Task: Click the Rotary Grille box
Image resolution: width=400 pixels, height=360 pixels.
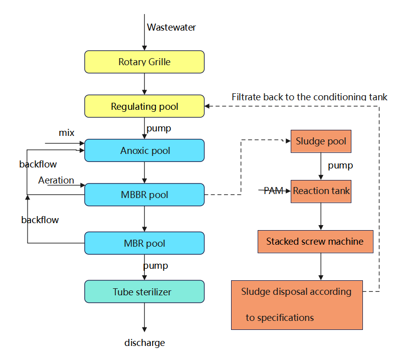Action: pos(144,62)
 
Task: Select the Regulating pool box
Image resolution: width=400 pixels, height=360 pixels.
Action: pos(144,106)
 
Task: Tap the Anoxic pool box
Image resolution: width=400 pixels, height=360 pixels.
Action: pos(144,150)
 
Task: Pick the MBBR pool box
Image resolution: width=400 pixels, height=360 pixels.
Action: pos(144,195)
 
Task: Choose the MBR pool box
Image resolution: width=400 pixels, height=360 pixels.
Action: pos(144,243)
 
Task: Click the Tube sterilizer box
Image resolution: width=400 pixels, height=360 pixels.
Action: pos(144,291)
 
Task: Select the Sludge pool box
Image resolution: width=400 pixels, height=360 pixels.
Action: pos(321,141)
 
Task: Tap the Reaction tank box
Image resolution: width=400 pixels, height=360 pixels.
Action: pos(321,191)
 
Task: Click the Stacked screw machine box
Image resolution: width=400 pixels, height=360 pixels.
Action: pos(315,241)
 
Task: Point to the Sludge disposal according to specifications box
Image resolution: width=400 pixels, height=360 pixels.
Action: pos(297,305)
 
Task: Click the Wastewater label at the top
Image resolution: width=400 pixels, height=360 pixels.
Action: pos(171,28)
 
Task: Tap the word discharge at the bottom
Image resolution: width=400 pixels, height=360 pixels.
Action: pos(144,343)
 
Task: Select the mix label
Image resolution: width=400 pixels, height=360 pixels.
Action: pos(66,133)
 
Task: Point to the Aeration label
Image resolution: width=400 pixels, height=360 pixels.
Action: pos(56,181)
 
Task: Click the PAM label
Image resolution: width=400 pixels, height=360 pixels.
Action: pos(273,191)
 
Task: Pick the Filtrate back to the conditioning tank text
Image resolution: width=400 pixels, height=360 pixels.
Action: pos(309,97)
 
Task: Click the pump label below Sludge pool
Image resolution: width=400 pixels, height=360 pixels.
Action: pos(340,165)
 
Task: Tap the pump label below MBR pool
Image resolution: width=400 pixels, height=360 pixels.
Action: pos(155,265)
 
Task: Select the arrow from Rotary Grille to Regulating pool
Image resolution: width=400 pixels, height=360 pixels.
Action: pos(144,84)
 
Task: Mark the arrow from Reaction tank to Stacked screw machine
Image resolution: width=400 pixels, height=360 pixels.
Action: pos(321,216)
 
